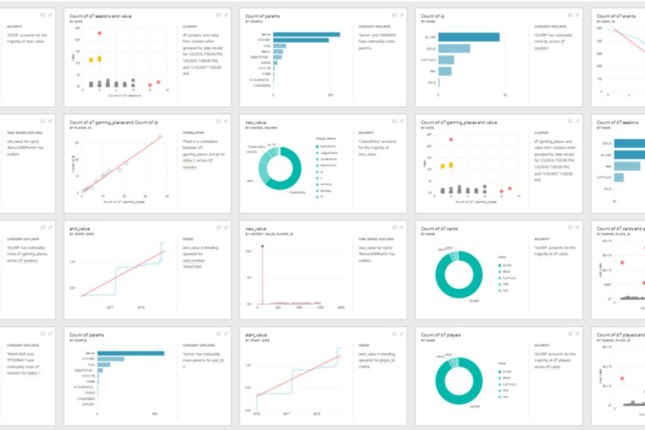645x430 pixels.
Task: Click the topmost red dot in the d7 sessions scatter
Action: tap(99, 33)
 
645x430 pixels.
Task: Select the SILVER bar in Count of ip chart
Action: tap(469, 37)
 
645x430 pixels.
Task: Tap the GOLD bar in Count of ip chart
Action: tap(454, 48)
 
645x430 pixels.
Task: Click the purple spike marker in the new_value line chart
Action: tap(263, 246)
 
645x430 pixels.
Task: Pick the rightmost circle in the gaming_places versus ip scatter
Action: tap(160, 137)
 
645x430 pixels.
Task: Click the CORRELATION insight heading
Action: tap(193, 132)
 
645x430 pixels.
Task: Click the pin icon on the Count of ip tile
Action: tap(577, 15)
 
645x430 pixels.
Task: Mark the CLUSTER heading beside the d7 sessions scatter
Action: tap(189, 26)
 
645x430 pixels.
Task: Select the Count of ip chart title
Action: tap(433, 16)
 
